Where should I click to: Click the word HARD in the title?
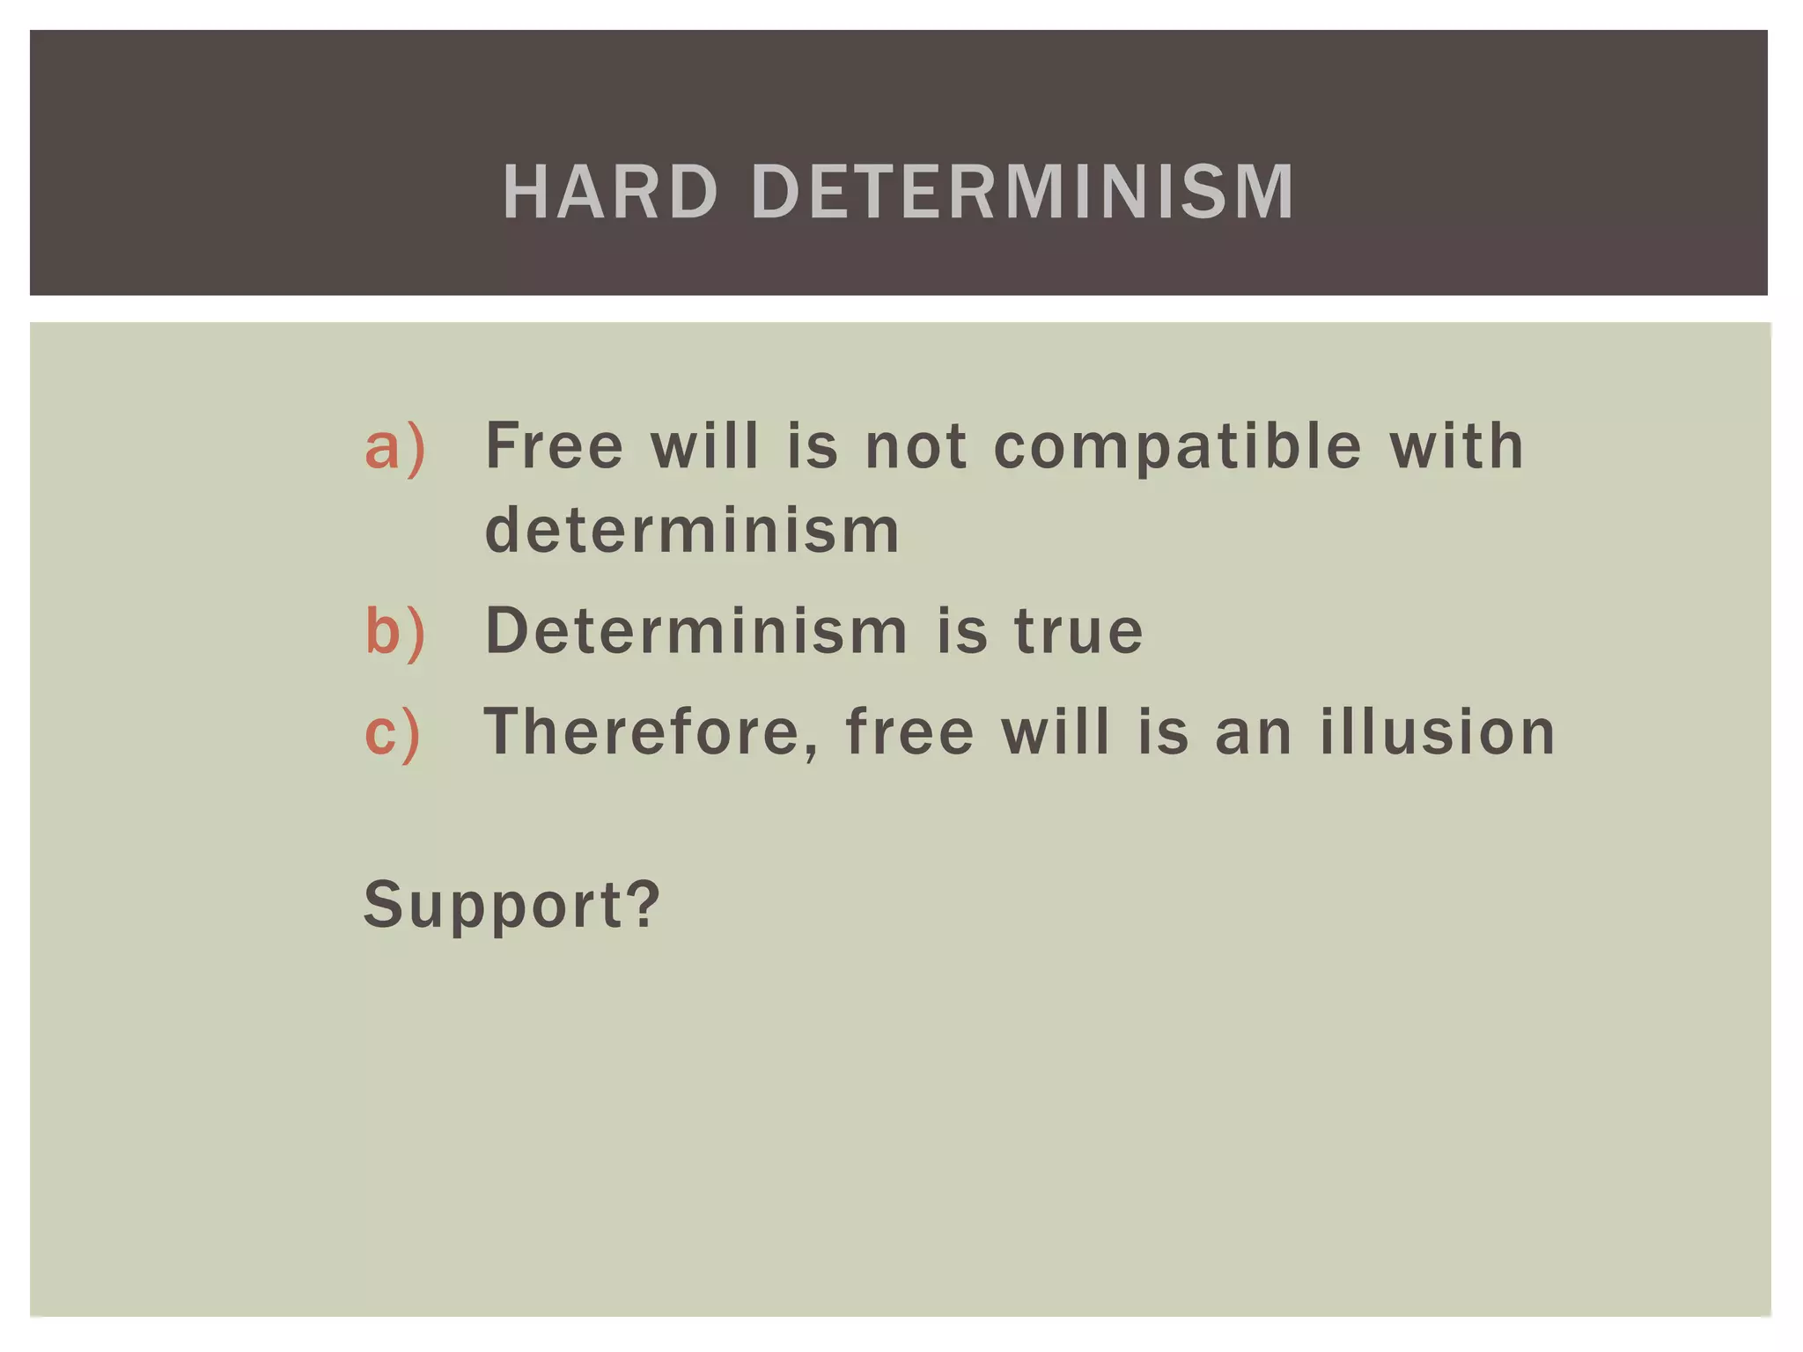point(610,192)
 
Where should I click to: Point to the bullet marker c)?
point(393,732)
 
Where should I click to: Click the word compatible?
point(1178,447)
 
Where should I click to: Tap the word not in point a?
point(916,447)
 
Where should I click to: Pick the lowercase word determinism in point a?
point(693,531)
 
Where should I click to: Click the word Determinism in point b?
point(696,631)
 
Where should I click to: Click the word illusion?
point(1438,732)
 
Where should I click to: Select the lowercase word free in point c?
point(909,732)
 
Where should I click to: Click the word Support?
point(494,906)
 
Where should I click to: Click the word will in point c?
point(1056,732)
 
